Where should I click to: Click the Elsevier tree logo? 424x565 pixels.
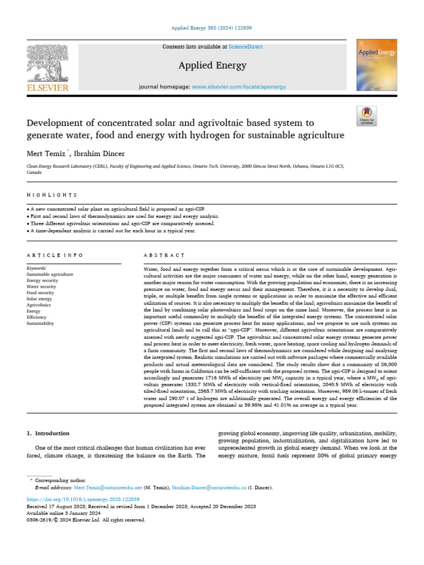point(47,63)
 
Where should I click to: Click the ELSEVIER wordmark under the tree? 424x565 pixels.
point(47,88)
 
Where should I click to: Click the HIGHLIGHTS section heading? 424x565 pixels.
point(52,195)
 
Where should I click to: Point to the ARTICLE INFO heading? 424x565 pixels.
point(55,255)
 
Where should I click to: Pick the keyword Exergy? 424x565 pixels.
point(34,311)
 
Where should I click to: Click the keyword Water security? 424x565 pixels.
point(41,286)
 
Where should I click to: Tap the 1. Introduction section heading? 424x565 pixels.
point(49,433)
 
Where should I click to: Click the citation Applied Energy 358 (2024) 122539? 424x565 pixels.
point(212,27)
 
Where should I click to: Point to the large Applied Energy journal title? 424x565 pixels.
point(212,66)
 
